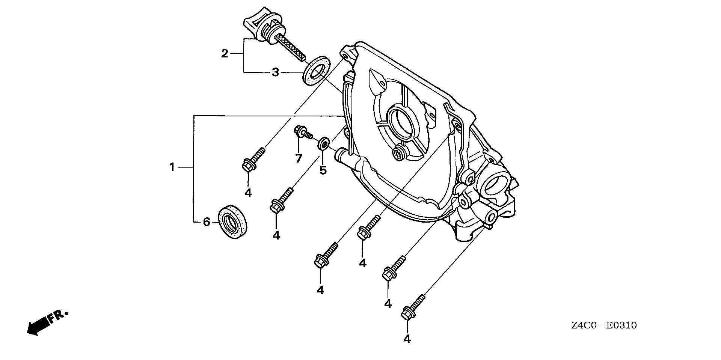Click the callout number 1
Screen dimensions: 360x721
point(172,167)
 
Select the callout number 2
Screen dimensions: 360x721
point(225,54)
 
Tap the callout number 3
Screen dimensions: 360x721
point(275,72)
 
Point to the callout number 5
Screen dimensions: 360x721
point(323,170)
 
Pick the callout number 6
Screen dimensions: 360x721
point(206,222)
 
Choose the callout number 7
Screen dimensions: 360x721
point(298,158)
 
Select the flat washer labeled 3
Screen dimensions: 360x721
point(317,71)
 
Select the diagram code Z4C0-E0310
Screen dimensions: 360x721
point(604,325)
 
